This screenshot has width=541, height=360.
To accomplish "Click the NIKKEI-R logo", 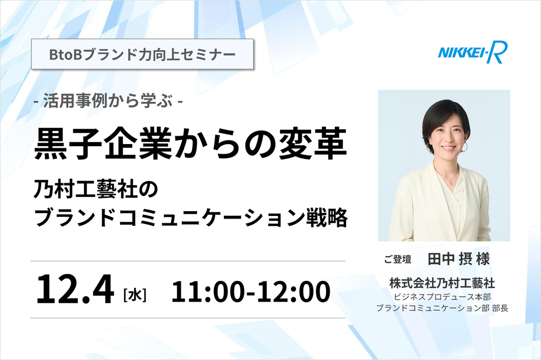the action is pyautogui.click(x=473, y=52).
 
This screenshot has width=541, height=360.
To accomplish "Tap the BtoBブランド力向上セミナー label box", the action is pyautogui.click(x=143, y=54).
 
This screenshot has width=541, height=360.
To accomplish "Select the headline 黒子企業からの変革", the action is pyautogui.click(x=190, y=144).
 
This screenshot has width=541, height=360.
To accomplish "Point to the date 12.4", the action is pyautogui.click(x=75, y=290).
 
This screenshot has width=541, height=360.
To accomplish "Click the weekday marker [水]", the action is pyautogui.click(x=135, y=296).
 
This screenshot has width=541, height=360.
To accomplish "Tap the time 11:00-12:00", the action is pyautogui.click(x=251, y=292).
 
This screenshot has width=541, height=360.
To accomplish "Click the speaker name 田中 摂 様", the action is pyautogui.click(x=459, y=259).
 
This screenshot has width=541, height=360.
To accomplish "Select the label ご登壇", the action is pyautogui.click(x=398, y=259).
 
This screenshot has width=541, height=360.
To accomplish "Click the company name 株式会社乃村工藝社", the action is pyautogui.click(x=442, y=283).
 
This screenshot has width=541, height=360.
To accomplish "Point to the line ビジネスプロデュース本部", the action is pyautogui.click(x=442, y=297).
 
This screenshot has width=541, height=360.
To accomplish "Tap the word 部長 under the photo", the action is pyautogui.click(x=500, y=308).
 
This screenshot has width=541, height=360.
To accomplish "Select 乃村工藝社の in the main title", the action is pyautogui.click(x=96, y=190).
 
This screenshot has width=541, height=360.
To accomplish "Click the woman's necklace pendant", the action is pyautogui.click(x=451, y=184).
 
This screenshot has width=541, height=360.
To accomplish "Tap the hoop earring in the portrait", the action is pyautogui.click(x=464, y=147).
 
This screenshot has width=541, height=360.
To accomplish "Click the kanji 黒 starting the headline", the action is pyautogui.click(x=51, y=144).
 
